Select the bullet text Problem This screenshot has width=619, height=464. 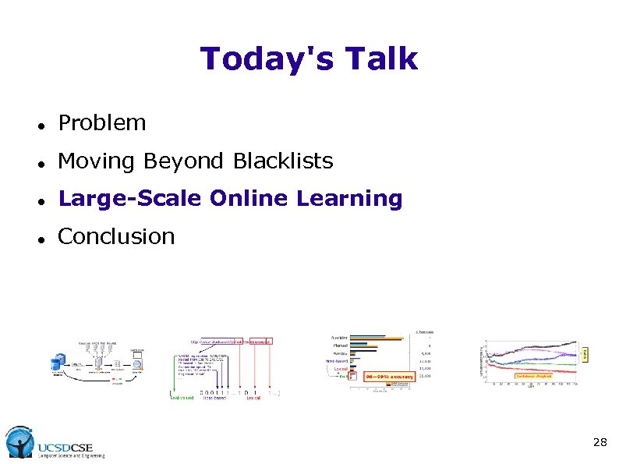click(102, 122)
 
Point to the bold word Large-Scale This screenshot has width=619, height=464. click(131, 199)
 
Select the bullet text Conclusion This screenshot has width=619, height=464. click(116, 236)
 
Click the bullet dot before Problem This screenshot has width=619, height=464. click(40, 124)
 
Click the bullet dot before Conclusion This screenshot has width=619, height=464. click(40, 238)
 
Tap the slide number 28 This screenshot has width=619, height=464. click(600, 442)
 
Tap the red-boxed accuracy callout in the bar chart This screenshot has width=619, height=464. click(394, 375)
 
